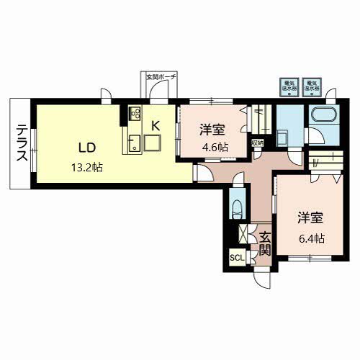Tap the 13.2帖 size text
pos(87,168)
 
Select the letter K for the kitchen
pos(154,124)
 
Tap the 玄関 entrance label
pos(264,243)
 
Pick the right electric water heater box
pos(312,86)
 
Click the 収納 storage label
pos(257,142)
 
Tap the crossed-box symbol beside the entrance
pos(243,234)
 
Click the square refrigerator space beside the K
pos(153,143)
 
